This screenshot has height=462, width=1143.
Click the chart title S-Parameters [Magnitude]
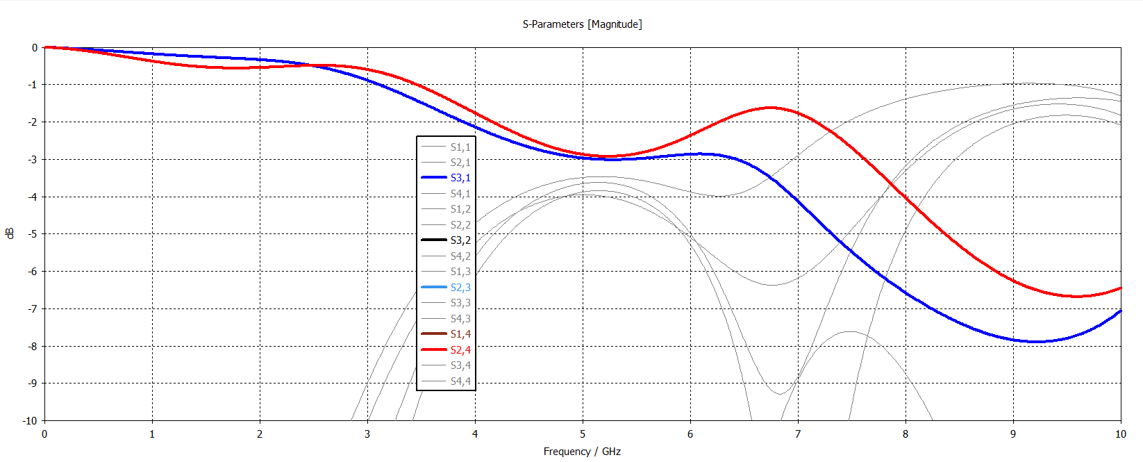(582, 24)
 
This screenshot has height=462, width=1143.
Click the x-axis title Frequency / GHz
(582, 452)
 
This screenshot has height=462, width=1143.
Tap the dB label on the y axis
(10, 233)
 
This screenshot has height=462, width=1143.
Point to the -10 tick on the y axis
(29, 420)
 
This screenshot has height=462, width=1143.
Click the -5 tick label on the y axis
(32, 234)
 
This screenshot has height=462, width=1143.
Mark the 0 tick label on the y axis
(35, 48)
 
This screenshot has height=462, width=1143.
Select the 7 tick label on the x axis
(798, 434)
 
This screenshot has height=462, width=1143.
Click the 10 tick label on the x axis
(1120, 434)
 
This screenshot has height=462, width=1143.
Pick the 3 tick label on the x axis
(367, 434)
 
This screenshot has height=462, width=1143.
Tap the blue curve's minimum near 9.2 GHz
(1035, 341)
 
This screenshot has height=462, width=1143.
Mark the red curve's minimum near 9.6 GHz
(1076, 297)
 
